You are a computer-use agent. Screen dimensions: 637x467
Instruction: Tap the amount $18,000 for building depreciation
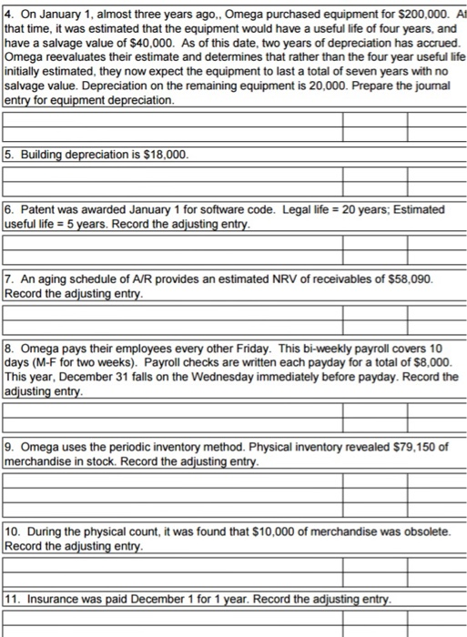click(x=164, y=156)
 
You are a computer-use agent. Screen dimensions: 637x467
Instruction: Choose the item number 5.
click(x=9, y=156)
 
